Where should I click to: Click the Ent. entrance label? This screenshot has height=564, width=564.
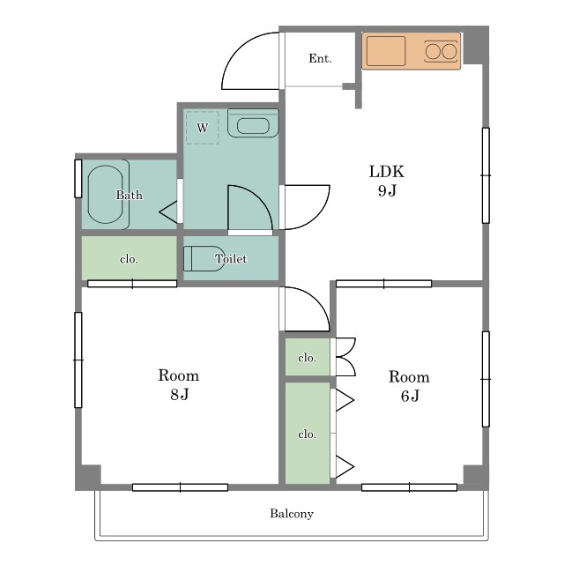click(x=320, y=58)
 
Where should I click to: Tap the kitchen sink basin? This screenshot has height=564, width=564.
click(x=386, y=51)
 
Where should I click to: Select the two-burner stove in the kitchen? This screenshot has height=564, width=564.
click(x=442, y=51)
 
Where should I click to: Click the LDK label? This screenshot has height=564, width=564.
click(x=387, y=172)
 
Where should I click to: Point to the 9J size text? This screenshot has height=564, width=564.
click(x=387, y=190)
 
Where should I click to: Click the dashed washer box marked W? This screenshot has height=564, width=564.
click(x=202, y=128)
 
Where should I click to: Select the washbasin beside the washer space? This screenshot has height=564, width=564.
click(x=253, y=123)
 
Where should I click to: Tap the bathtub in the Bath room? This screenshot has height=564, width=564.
click(x=106, y=194)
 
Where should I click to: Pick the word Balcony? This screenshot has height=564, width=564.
click(x=292, y=513)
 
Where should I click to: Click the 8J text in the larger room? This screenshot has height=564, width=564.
click(x=180, y=395)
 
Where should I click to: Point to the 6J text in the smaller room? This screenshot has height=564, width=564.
click(x=410, y=396)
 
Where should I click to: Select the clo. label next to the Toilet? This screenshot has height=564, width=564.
click(x=129, y=259)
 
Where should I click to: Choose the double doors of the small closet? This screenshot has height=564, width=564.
click(x=345, y=357)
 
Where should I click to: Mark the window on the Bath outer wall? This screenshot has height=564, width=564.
click(x=78, y=179)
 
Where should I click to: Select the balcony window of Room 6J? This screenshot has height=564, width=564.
click(x=409, y=487)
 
